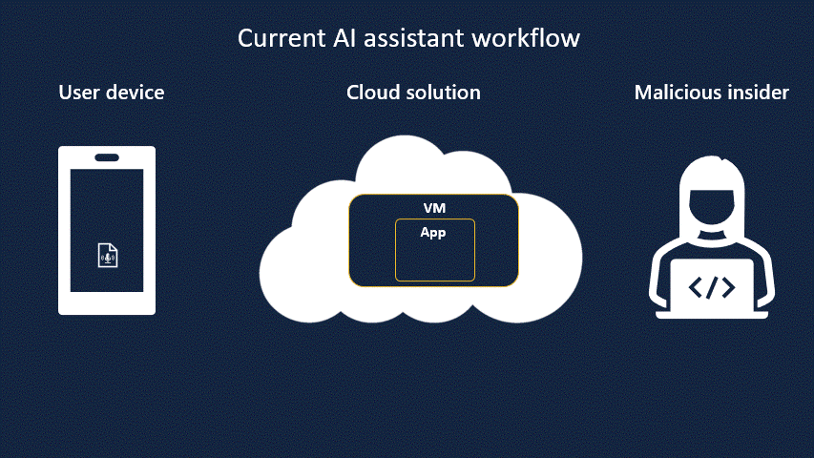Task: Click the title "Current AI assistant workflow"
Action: [408, 39]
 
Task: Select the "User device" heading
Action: [112, 93]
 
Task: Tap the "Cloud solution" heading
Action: [413, 93]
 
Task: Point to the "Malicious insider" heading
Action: [711, 93]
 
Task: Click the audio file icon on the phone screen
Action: [107, 255]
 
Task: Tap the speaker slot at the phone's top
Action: [107, 157]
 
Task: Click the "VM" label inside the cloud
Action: [434, 208]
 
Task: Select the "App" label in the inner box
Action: [433, 232]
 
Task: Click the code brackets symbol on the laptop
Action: [712, 286]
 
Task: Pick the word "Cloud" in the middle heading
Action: [371, 93]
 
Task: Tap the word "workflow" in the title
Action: [532, 39]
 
